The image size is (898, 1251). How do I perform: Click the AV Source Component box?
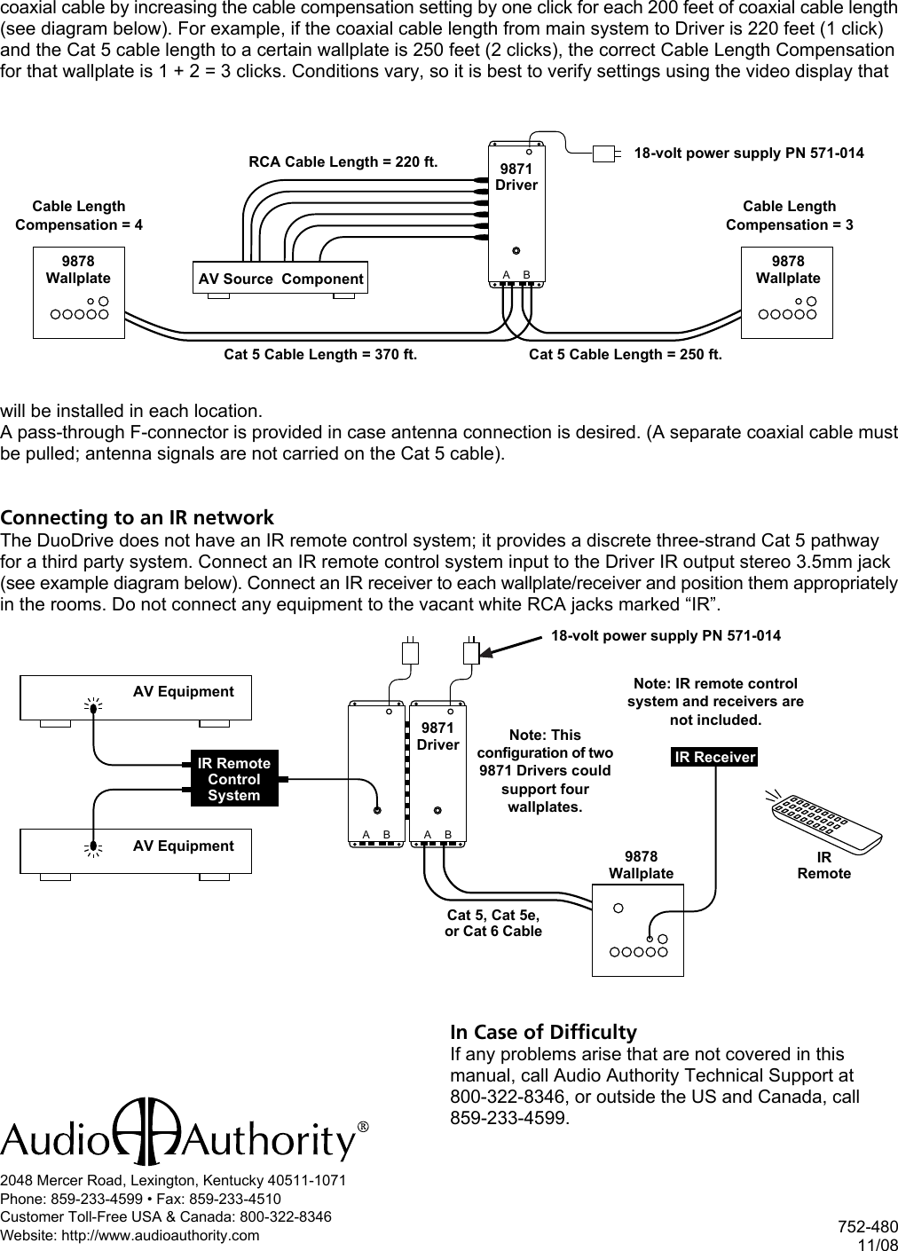click(x=280, y=279)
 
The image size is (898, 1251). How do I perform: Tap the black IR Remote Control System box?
click(x=234, y=779)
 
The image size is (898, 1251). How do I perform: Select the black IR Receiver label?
click(x=714, y=757)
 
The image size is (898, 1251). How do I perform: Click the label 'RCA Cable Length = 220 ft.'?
click(x=343, y=161)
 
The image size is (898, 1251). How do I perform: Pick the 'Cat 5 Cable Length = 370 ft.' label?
click(x=319, y=355)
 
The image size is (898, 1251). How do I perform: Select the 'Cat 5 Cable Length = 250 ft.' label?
click(x=625, y=355)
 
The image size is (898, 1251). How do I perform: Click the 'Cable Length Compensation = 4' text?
click(x=79, y=216)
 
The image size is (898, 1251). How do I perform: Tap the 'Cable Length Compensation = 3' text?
click(x=789, y=216)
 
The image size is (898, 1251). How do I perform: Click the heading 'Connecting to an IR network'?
click(x=138, y=517)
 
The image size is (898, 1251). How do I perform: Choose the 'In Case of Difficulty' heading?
click(x=543, y=1032)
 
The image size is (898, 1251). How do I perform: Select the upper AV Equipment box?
click(x=136, y=697)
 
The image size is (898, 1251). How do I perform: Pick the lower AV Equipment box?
click(x=136, y=852)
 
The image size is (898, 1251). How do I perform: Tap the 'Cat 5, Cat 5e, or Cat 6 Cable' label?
click(x=492, y=923)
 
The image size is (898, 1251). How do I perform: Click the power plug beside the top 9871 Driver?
click(x=605, y=153)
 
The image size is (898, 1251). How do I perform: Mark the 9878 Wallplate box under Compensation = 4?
click(x=79, y=293)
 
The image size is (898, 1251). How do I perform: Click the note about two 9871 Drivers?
click(x=545, y=771)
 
